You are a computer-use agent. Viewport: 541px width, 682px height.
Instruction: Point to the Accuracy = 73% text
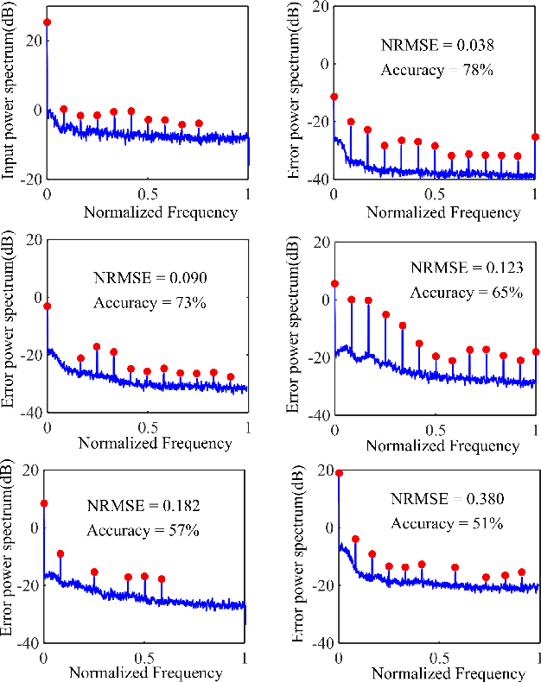click(147, 303)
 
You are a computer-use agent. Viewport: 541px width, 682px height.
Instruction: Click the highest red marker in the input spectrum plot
click(47, 22)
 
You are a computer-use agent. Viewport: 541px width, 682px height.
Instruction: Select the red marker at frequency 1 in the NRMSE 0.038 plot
click(536, 136)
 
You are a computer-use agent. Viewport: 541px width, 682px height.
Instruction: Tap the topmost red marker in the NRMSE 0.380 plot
click(339, 473)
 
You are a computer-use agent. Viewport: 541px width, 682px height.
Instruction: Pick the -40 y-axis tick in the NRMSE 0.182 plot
click(26, 642)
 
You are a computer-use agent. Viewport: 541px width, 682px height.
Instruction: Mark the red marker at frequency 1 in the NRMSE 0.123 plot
click(536, 351)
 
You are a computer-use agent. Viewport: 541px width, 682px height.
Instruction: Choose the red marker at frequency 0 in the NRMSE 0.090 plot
click(48, 306)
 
